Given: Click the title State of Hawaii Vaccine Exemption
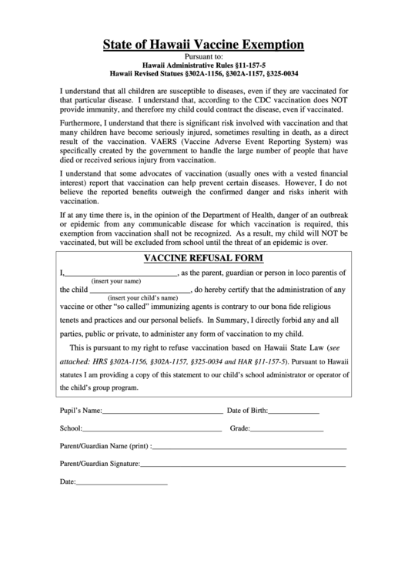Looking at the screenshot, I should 204,45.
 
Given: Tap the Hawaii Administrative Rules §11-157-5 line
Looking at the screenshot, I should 205,65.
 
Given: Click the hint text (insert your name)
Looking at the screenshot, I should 115,281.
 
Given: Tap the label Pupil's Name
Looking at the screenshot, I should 81,411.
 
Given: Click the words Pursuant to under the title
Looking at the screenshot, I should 205,57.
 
